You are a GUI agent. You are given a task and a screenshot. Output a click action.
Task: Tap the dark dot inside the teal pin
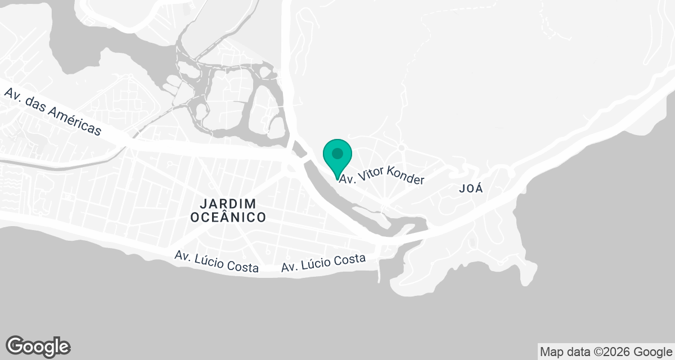[x=337, y=153]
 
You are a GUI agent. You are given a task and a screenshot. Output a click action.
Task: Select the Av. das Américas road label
[x=53, y=111]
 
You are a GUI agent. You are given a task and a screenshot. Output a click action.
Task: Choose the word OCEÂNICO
[x=227, y=217]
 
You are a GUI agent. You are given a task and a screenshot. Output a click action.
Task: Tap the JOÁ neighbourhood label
[x=471, y=189]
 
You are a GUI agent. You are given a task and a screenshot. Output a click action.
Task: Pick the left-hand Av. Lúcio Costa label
[x=217, y=262]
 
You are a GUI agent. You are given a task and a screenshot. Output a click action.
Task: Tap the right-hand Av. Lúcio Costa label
[x=323, y=263]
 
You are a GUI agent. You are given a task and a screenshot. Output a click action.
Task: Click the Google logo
[x=38, y=346]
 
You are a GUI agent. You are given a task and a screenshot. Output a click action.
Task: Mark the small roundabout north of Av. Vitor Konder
[x=401, y=147]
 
